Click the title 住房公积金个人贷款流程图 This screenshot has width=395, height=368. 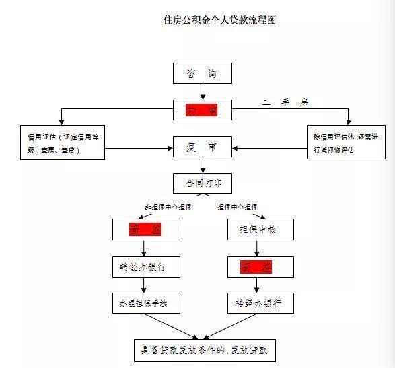tap(221, 21)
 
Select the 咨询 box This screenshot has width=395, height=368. tap(203, 73)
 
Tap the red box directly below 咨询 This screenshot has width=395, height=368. tap(203, 108)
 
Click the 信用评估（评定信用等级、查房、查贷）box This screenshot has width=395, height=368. tap(62, 142)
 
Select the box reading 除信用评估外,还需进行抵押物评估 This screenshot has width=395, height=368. tap(341, 142)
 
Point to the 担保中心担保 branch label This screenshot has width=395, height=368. tap(237, 207)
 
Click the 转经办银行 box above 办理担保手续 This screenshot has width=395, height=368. tap(145, 266)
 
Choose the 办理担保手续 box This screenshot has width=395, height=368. tap(145, 303)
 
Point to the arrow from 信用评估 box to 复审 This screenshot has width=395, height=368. tap(139, 145)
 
